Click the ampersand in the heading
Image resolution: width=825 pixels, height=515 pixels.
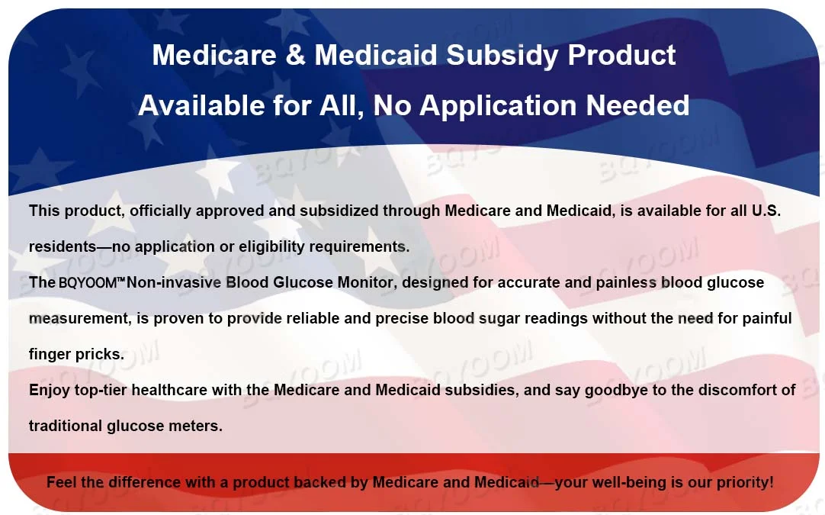coord(296,55)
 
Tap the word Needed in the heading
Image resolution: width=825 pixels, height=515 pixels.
coord(637,105)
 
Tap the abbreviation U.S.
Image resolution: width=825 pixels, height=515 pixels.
coord(766,211)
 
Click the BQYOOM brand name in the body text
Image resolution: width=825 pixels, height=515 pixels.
coord(88,283)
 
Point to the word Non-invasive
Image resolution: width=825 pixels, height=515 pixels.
coord(174,282)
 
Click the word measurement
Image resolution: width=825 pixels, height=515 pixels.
coord(80,319)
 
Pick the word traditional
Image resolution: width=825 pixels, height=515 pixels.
coord(66,426)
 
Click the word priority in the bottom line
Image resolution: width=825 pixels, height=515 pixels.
coord(744,483)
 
